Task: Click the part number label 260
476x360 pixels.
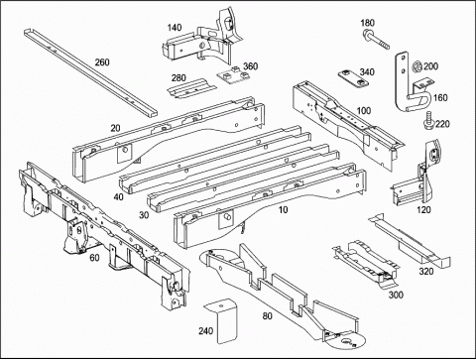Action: (x=102, y=62)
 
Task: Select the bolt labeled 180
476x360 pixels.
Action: (x=376, y=39)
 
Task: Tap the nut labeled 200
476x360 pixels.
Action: (x=416, y=66)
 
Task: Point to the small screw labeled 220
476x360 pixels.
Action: (x=428, y=119)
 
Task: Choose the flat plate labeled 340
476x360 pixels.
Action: (x=353, y=78)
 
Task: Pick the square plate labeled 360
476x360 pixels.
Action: (x=234, y=75)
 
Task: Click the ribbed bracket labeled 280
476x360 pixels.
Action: (x=191, y=89)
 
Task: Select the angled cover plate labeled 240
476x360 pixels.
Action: (x=222, y=320)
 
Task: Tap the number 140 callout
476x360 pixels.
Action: (x=175, y=28)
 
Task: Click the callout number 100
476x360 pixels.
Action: (x=364, y=110)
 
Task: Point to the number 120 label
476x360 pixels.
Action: (x=423, y=209)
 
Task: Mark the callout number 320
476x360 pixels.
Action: (x=426, y=272)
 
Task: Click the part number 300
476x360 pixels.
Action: (x=396, y=295)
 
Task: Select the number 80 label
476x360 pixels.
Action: (x=267, y=316)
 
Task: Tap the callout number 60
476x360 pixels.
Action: (x=94, y=258)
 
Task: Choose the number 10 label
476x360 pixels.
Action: (x=284, y=209)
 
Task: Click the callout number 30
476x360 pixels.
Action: (x=144, y=215)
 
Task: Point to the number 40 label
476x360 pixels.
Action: (x=118, y=197)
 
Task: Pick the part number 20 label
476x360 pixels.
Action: (x=115, y=128)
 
